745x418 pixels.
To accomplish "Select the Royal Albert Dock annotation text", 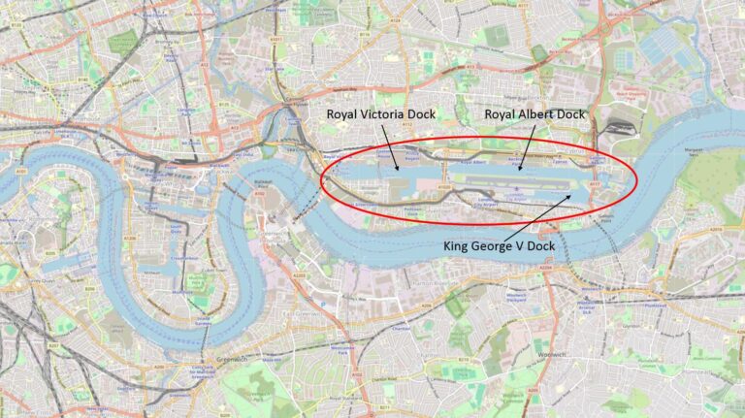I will coord(535,114).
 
